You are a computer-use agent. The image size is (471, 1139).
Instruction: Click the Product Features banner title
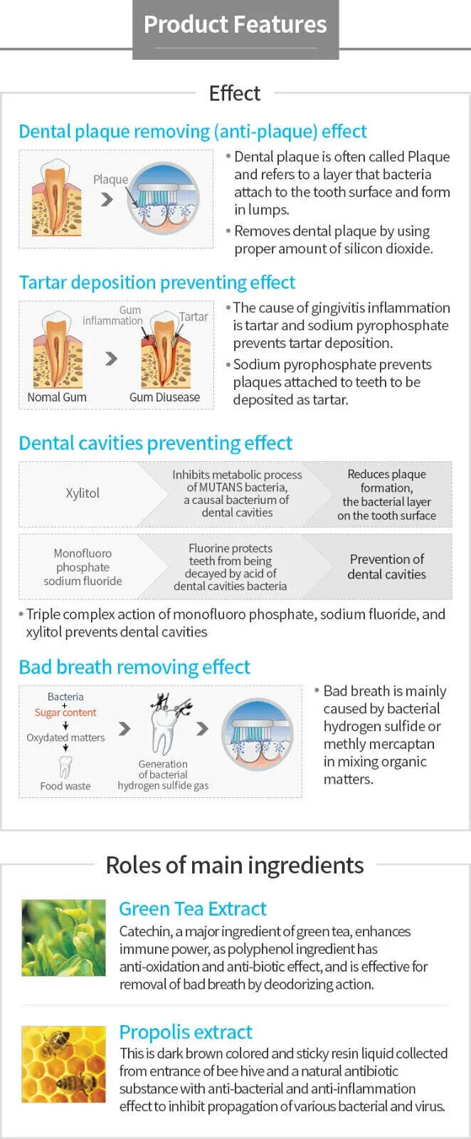point(235,25)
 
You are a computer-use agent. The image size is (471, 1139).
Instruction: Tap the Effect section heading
point(235,93)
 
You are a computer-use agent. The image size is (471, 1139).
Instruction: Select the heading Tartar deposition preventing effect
point(157,283)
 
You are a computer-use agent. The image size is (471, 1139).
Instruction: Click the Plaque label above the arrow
point(110,179)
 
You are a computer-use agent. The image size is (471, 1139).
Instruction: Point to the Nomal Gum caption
point(57,397)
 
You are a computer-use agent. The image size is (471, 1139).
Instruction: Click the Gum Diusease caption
point(164,397)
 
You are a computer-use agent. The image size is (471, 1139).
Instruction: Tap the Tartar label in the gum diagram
point(194,317)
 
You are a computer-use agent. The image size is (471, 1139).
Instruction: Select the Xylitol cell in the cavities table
point(83,493)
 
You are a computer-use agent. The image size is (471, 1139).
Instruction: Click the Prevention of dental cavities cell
point(386,567)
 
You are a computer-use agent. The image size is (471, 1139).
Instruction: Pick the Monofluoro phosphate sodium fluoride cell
point(83,567)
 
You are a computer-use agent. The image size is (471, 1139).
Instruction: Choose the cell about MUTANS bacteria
point(237,493)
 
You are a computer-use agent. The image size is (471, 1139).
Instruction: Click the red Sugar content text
point(65,713)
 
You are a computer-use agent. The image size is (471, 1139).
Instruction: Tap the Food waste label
point(65,786)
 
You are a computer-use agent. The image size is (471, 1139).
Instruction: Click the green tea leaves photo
point(63,938)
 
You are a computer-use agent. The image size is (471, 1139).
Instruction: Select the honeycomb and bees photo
point(63,1064)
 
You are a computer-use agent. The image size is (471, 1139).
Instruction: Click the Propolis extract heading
point(186,1032)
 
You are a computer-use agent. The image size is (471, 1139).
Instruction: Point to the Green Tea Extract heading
point(193,909)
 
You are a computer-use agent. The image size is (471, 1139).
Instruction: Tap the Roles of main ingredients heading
point(235,866)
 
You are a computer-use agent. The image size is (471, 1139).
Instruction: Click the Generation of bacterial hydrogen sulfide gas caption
point(163,775)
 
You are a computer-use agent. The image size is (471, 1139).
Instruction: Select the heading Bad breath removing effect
point(134,667)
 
